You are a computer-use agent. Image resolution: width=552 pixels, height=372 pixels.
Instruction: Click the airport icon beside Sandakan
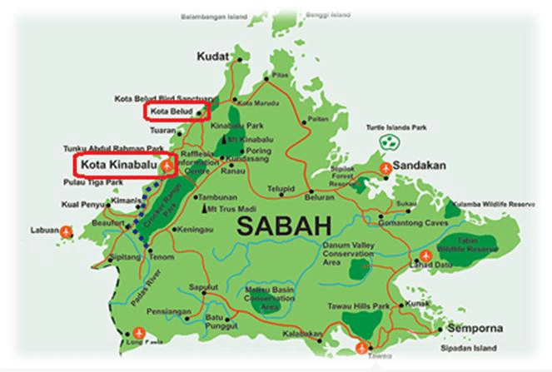pos(385,169)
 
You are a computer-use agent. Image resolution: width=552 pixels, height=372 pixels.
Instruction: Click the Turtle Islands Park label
pos(397,127)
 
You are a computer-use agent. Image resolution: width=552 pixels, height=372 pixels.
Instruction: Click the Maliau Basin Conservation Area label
pos(265,297)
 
